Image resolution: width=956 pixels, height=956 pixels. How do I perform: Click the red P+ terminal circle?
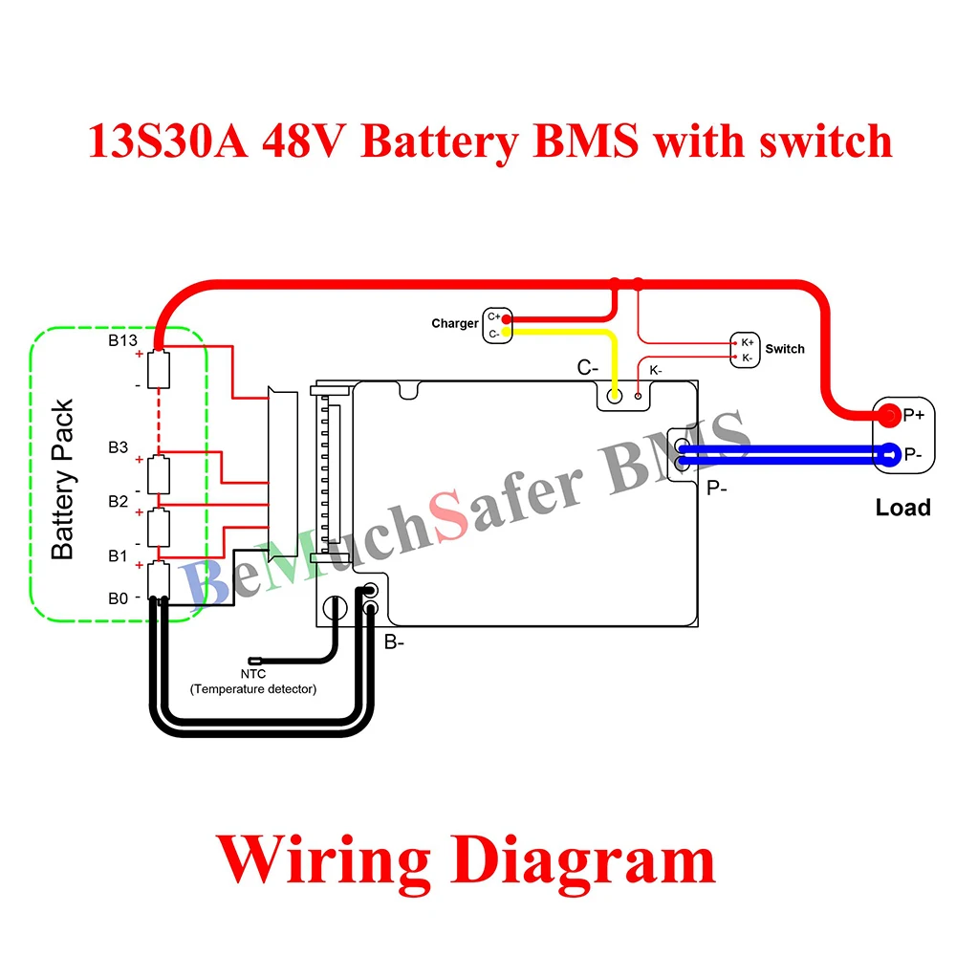pos(889,415)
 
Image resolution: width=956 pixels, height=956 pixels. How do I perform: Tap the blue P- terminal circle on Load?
pos(889,455)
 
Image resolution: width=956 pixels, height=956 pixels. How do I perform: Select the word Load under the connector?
pos(902,508)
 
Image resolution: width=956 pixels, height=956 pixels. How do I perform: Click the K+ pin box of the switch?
pos(747,341)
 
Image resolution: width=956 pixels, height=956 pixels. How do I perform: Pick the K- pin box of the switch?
pos(747,358)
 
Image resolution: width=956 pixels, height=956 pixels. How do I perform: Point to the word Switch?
pos(785,349)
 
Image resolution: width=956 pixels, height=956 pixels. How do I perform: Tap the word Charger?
pos(455,324)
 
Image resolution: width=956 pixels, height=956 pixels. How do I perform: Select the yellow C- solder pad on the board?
pos(615,394)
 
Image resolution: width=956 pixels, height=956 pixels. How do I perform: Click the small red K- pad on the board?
pos(639,395)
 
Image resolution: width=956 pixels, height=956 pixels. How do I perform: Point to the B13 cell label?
pos(122,339)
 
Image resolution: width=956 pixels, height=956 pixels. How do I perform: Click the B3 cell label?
pos(118,447)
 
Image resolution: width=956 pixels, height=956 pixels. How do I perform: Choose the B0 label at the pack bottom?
pos(118,598)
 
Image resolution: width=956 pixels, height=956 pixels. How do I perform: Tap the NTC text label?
pos(252,675)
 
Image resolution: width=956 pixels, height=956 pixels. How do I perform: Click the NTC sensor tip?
pos(255,660)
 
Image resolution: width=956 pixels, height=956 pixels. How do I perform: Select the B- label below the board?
pos(395,642)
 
